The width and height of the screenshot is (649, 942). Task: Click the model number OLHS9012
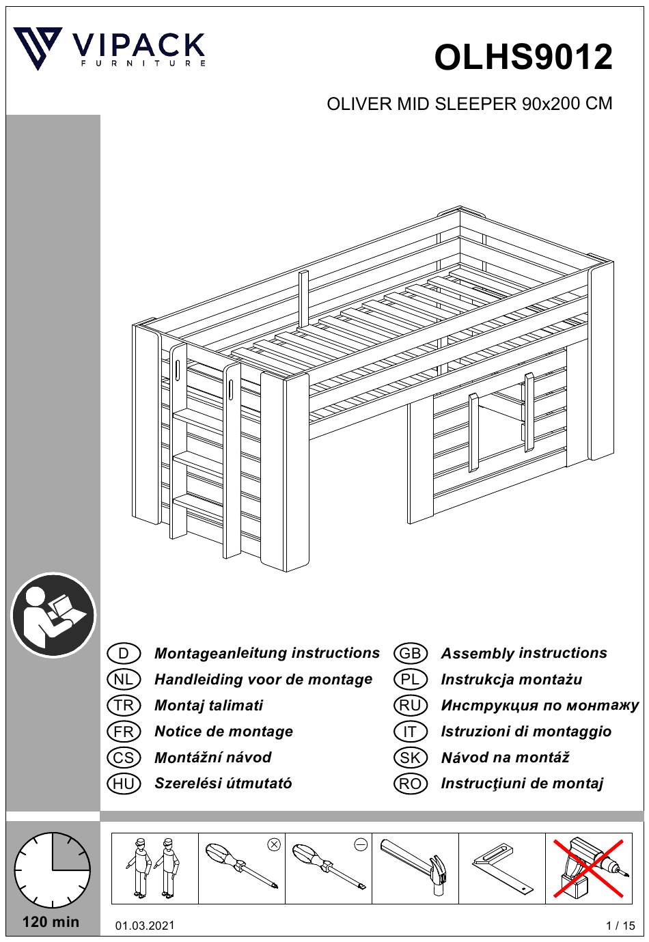[x=523, y=57]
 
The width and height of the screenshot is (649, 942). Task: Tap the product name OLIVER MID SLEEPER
[x=422, y=103]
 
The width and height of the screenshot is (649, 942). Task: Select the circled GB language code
[x=410, y=653]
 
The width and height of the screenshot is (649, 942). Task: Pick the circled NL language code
[x=124, y=679]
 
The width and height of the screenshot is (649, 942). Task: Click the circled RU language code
[x=410, y=705]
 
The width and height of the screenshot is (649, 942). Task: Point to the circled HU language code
[x=124, y=784]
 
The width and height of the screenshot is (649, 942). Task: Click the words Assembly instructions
[x=524, y=653]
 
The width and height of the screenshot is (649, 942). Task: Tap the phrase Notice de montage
[x=223, y=732]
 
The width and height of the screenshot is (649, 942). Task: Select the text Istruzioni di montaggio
[x=526, y=732]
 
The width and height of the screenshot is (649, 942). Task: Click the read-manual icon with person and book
[x=53, y=614]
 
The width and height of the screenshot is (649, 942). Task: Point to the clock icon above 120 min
[x=52, y=869]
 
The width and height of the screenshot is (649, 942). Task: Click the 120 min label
[x=51, y=922]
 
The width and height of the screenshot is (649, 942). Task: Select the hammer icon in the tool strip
[x=414, y=867]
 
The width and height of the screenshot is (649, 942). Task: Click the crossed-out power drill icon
[x=588, y=868]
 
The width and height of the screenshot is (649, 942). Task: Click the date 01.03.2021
[x=145, y=925]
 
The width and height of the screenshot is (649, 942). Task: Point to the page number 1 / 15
[x=620, y=925]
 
